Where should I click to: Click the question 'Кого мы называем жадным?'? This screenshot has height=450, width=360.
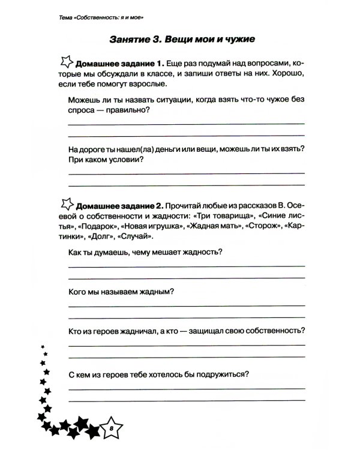pyautogui.click(x=121, y=292)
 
